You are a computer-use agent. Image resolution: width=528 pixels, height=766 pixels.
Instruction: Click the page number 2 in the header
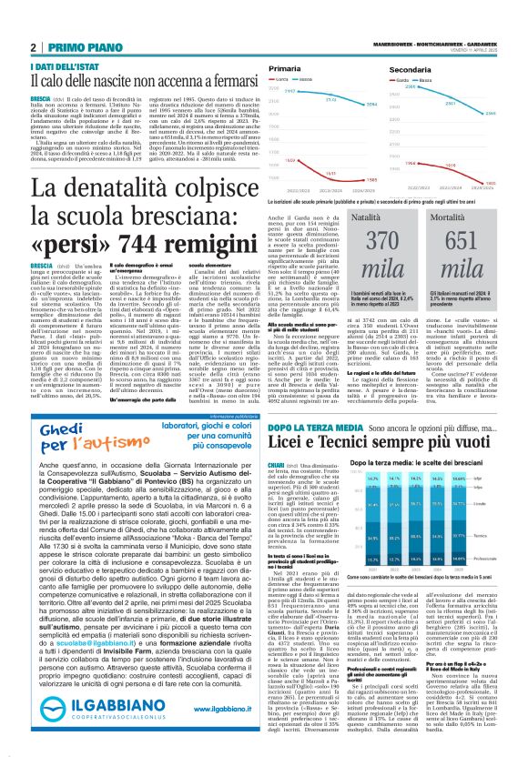click(33, 47)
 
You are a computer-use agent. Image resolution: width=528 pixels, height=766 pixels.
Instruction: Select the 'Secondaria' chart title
click(410, 69)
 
